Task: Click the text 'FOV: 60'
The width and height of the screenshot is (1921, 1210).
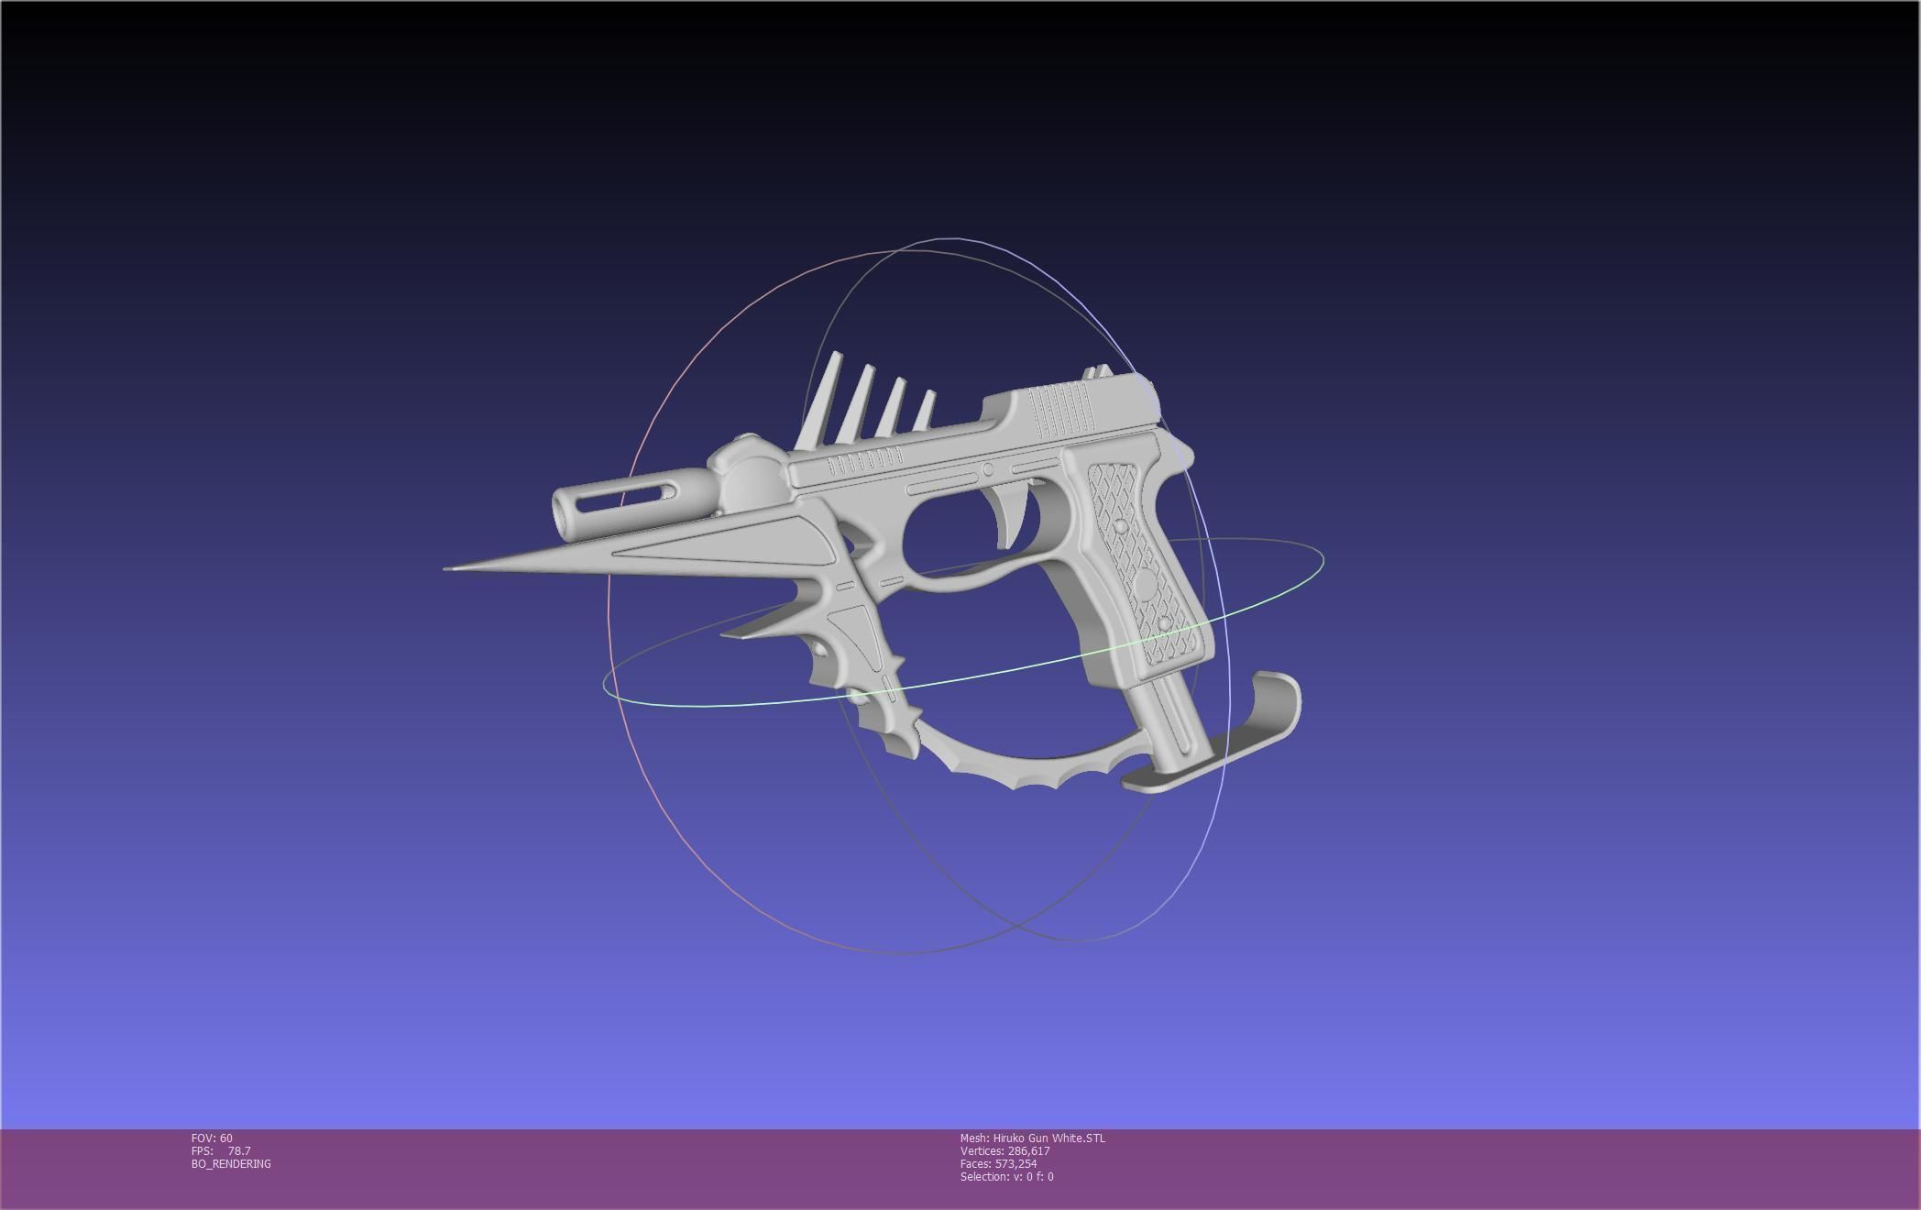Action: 212,1138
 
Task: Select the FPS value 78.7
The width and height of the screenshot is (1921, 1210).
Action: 238,1150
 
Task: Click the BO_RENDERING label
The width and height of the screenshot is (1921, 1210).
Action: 231,1163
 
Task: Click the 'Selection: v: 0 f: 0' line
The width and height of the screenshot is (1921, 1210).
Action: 1006,1176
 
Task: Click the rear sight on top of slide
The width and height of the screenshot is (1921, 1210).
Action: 1098,372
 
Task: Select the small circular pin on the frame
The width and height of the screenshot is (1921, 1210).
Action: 988,469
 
